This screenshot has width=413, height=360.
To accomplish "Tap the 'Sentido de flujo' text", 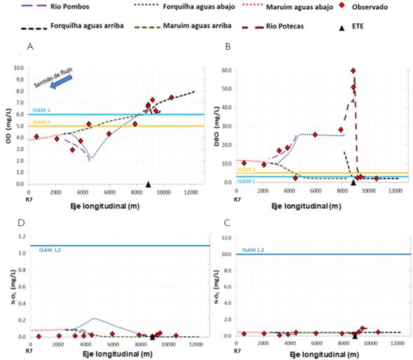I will tap(51, 75).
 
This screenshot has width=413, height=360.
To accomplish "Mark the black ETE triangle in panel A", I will tap(148, 184).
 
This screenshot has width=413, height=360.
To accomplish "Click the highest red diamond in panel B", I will tap(353, 71).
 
